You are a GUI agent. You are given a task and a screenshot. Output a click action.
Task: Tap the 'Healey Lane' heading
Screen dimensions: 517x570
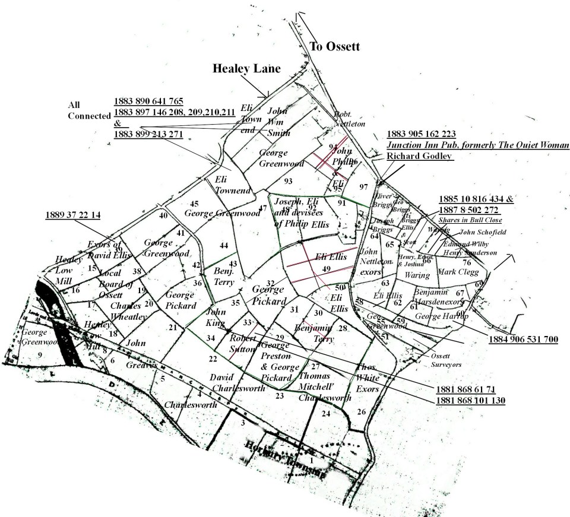click(x=243, y=69)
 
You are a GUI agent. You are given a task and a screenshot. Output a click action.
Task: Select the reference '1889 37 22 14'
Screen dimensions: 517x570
click(x=73, y=215)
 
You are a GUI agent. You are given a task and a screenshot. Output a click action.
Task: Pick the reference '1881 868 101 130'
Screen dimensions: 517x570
click(x=470, y=401)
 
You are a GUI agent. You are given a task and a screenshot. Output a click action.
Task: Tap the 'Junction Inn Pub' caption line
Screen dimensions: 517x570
click(x=478, y=145)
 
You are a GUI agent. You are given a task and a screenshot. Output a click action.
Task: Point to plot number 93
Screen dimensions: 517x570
click(x=289, y=180)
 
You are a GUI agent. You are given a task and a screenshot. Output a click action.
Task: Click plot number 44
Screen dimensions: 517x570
click(x=223, y=245)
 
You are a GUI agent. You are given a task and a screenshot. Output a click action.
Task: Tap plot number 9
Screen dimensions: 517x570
click(x=40, y=355)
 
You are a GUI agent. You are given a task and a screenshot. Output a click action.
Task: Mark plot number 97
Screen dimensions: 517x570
click(x=364, y=187)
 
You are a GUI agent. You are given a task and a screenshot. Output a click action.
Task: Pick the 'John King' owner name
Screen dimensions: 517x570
click(x=217, y=317)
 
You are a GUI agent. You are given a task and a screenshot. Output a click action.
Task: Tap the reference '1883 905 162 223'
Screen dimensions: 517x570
click(x=421, y=134)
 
